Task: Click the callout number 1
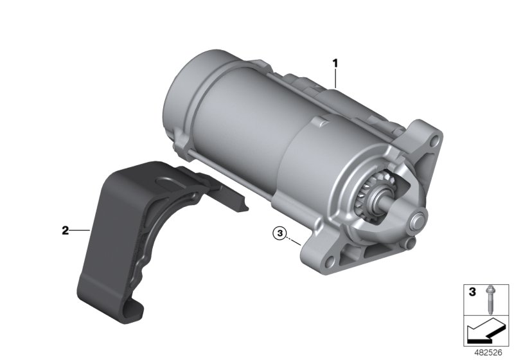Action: tap(335, 62)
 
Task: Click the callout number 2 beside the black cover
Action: tap(66, 231)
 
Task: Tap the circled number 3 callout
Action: tap(279, 233)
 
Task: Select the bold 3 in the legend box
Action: tap(472, 292)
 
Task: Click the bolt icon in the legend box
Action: tap(490, 300)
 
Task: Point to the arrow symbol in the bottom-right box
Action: tap(484, 330)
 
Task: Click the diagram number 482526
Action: tap(488, 353)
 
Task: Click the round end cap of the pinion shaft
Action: tap(418, 220)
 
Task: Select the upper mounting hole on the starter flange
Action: tap(435, 141)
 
